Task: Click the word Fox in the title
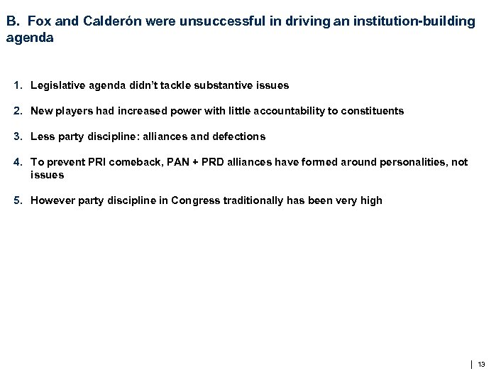(38, 21)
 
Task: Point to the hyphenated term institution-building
(407, 21)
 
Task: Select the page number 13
(482, 365)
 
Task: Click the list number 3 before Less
(17, 136)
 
